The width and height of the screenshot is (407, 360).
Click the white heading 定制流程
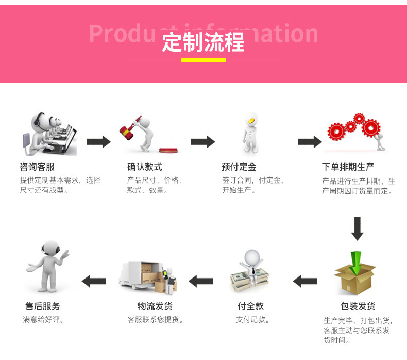[203, 42]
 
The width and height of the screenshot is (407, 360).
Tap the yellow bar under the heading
[203, 60]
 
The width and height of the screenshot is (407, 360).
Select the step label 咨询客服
[37, 167]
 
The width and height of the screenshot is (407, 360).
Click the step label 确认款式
[145, 167]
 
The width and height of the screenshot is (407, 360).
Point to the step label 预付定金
[239, 167]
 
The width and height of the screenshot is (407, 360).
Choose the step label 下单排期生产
[348, 167]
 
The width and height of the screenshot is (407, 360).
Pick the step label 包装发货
[358, 306]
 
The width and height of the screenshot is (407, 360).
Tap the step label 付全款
[250, 306]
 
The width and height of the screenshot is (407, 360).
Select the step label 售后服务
[43, 306]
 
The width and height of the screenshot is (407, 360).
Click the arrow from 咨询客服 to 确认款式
[98, 142]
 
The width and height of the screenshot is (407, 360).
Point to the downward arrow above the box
[357, 228]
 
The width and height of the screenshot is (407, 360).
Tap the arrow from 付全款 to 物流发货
[200, 281]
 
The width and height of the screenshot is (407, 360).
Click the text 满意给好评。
[44, 320]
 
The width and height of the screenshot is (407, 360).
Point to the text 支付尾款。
[253, 320]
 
